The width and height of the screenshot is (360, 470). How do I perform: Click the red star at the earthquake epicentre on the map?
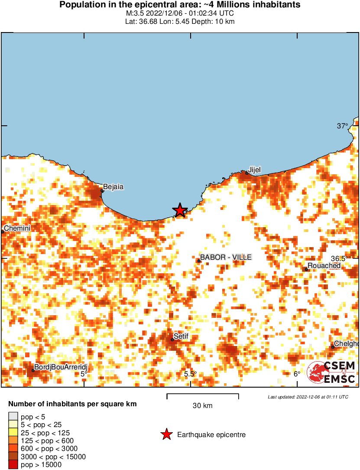click(x=179, y=210)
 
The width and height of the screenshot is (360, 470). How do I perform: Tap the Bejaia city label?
click(x=114, y=187)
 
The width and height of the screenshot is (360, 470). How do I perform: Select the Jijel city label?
click(x=254, y=170)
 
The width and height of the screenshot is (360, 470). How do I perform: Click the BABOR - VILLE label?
click(x=226, y=258)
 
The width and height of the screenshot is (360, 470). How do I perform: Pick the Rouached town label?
click(x=324, y=265)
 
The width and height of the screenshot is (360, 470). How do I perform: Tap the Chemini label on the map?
click(x=17, y=228)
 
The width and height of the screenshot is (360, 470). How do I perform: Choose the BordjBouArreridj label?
click(x=58, y=368)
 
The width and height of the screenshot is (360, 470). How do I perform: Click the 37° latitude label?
click(x=343, y=126)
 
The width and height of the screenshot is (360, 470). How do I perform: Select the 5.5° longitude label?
click(x=190, y=374)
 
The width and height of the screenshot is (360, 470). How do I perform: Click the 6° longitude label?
click(x=297, y=374)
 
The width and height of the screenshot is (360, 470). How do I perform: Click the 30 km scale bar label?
click(x=202, y=406)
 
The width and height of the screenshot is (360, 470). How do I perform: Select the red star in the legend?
click(x=166, y=434)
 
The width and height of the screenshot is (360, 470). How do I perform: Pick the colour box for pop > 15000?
click(x=13, y=465)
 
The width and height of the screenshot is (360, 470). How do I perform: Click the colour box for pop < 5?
click(x=13, y=417)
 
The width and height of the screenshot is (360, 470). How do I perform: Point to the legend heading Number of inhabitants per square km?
click(x=73, y=404)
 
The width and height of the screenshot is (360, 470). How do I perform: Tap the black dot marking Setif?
click(x=172, y=339)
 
